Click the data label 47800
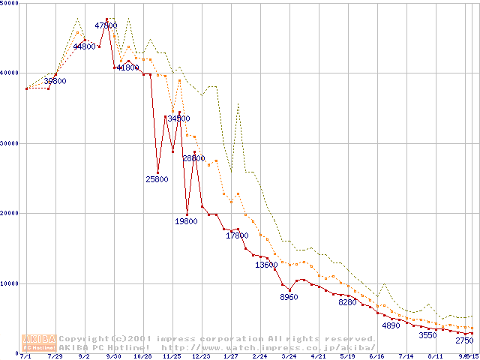106,25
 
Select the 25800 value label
157,179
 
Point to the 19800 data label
186,221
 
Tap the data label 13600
266,265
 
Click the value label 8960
289,298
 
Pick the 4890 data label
391,325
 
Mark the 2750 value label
464,340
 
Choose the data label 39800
55,81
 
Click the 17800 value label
237,235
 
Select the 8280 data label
347,302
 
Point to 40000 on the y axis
11,73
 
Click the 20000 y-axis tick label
11,213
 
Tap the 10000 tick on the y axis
11,283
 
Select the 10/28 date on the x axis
142,356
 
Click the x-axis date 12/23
201,356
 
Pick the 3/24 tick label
289,356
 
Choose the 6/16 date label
376,356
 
